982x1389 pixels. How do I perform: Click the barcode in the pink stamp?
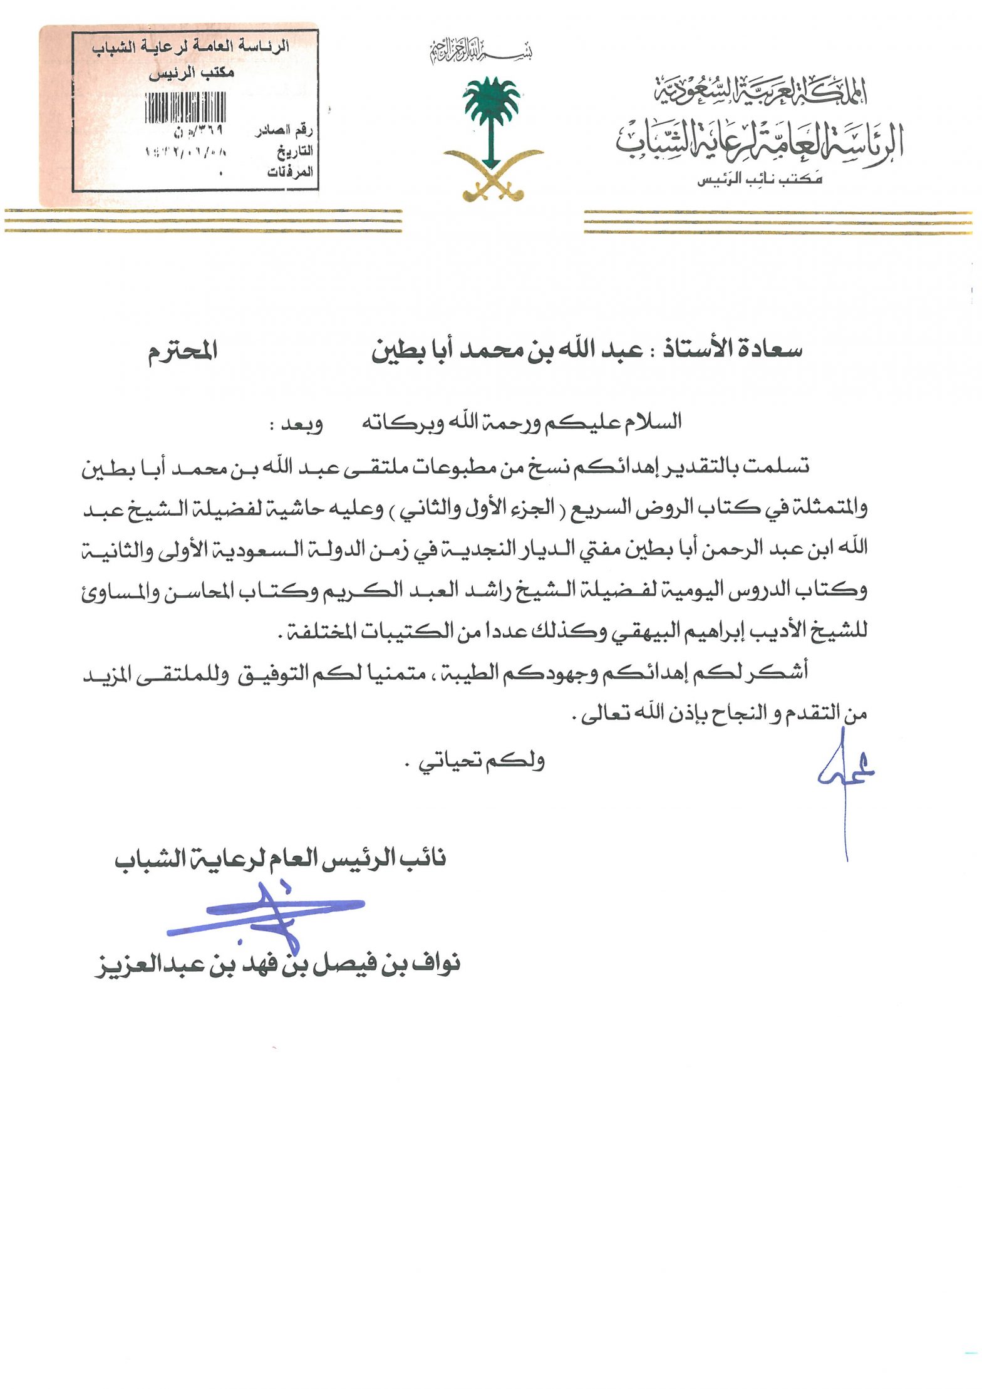click(185, 107)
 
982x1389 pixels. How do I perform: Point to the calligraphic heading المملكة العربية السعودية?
click(760, 91)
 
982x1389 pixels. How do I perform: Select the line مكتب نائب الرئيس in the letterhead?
click(760, 180)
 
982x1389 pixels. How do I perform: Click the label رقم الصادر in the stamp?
click(284, 130)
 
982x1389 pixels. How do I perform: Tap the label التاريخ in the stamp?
click(294, 151)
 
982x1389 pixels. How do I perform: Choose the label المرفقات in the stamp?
click(289, 172)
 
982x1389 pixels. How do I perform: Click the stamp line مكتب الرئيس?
click(191, 73)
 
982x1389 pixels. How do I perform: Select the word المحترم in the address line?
click(182, 350)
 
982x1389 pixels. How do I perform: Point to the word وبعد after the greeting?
click(301, 424)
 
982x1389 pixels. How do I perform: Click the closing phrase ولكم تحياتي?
click(482, 761)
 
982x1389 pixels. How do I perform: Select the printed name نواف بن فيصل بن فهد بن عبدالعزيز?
click(278, 964)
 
